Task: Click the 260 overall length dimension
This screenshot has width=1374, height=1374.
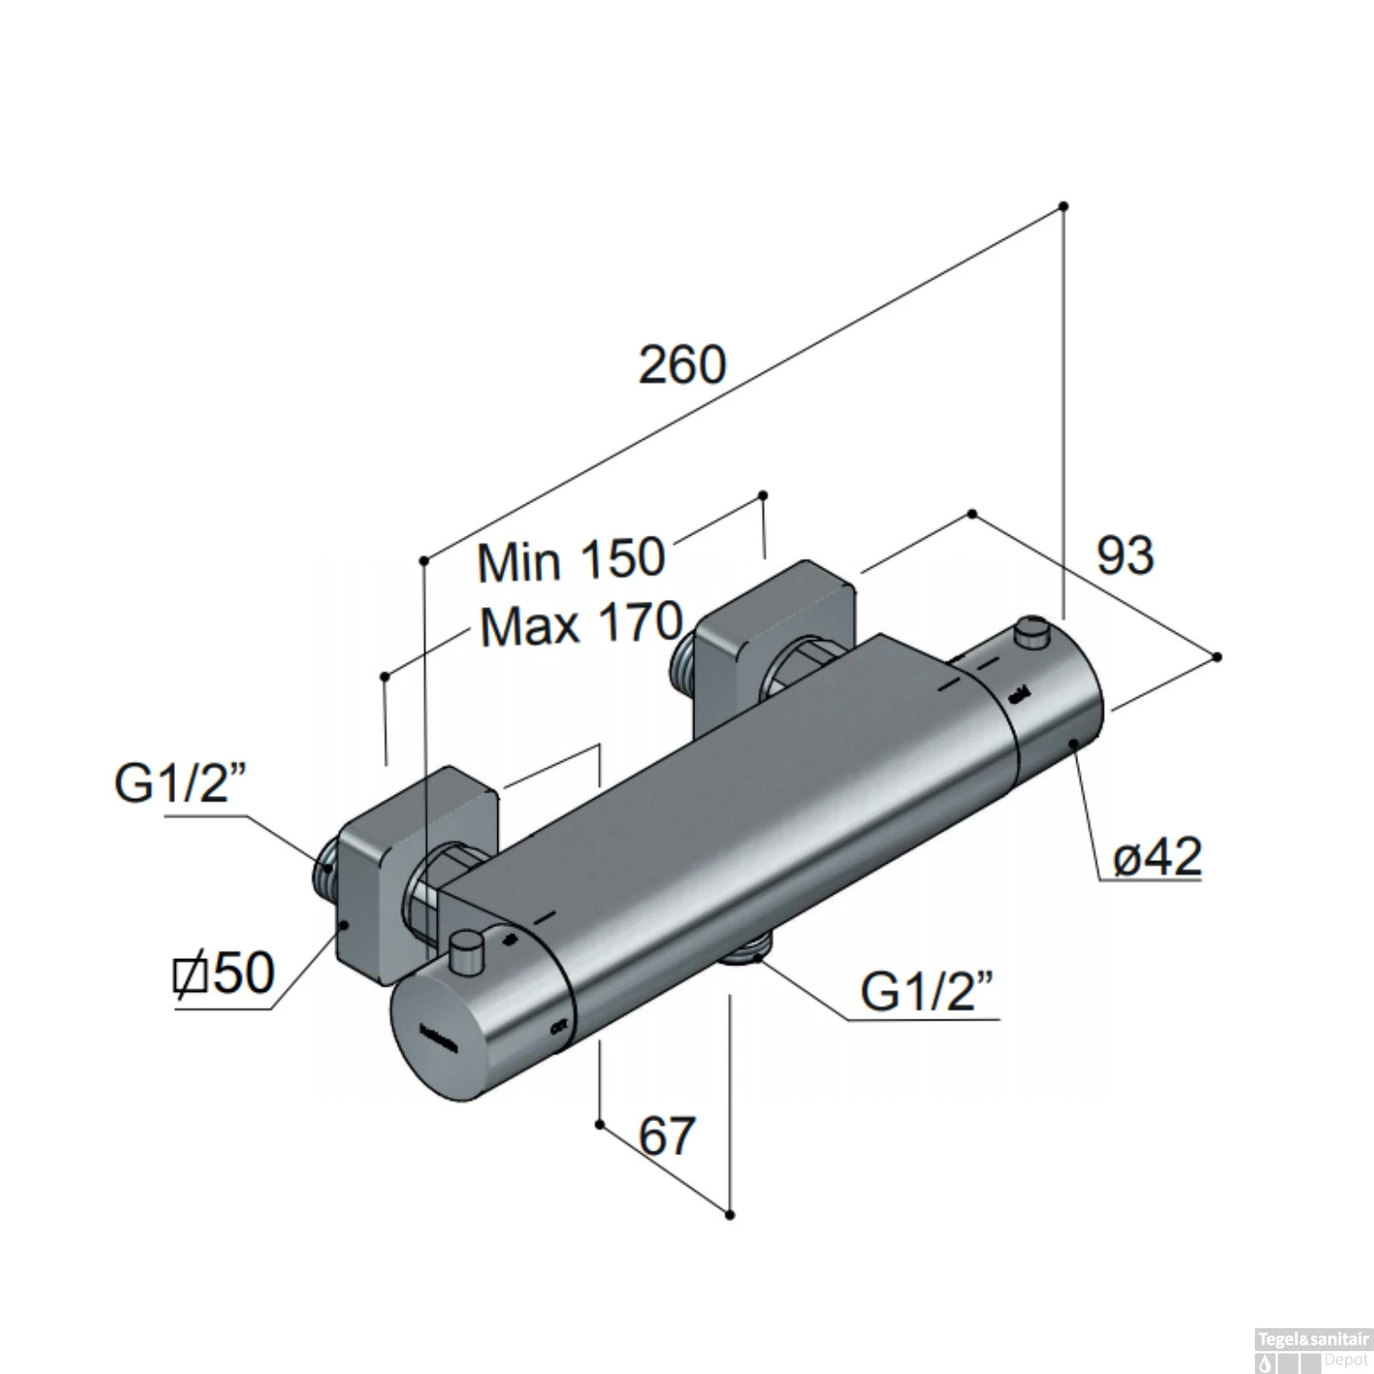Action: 682,364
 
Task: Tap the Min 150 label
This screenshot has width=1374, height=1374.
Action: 570,560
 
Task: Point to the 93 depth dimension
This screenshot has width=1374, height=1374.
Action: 1125,555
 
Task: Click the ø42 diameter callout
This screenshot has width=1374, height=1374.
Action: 1156,857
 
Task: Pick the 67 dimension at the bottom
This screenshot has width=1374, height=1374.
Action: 667,1136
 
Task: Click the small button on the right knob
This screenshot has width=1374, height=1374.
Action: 1033,634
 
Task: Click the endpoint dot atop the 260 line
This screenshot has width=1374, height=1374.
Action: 1063,206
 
